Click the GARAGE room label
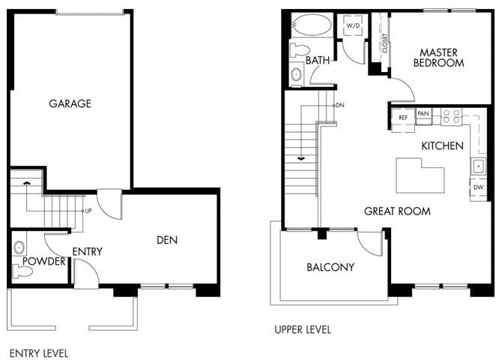(70, 103)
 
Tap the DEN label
(167, 240)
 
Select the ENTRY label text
(87, 251)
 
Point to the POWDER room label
(43, 262)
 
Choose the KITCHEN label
(442, 145)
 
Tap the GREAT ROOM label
(397, 211)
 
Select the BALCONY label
(330, 267)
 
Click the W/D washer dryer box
(353, 25)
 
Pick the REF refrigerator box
(403, 118)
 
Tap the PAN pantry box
(423, 114)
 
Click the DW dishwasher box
(477, 187)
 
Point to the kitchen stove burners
(451, 115)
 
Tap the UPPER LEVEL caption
(302, 329)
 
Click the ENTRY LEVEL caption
(38, 352)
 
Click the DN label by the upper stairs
(339, 105)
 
